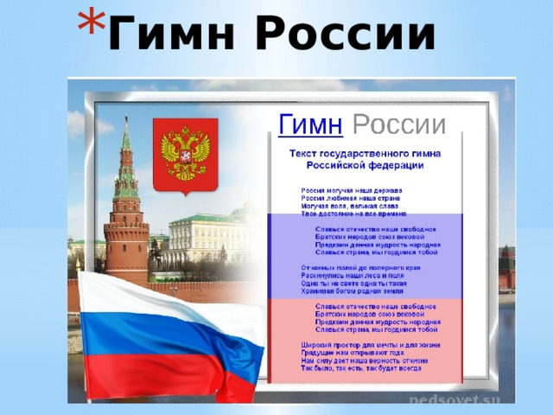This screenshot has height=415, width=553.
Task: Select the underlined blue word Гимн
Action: click(309, 124)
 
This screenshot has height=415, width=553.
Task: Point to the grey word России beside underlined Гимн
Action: click(400, 124)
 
